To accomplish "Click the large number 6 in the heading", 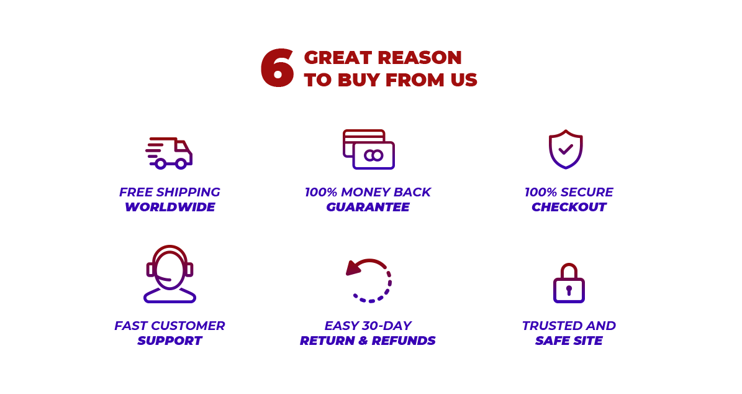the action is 278,68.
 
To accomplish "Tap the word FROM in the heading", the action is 415,80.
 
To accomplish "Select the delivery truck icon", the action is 169,153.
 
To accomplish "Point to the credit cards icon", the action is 369,149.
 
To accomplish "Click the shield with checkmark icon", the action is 566,149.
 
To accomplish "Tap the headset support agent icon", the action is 170,273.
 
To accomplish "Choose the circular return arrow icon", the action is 369,280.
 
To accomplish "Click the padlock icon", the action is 569,283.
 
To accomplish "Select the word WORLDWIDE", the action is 170,207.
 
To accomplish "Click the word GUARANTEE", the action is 368,207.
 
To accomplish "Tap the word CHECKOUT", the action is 569,207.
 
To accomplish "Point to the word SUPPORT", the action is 170,341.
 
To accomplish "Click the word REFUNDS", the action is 403,341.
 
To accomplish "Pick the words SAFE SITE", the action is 569,341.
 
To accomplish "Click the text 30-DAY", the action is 387,326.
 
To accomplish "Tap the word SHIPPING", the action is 188,192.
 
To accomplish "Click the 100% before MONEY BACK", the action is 321,192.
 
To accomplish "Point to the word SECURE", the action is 586,192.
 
